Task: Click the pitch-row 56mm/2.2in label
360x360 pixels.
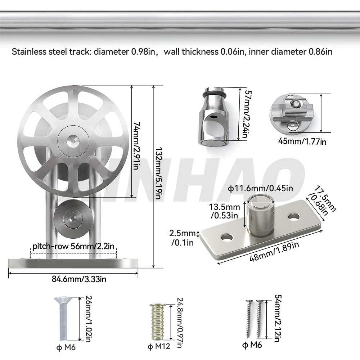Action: click(x=73, y=247)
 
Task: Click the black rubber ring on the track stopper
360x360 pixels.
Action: click(x=213, y=94)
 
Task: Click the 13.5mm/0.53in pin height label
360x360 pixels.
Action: click(x=225, y=211)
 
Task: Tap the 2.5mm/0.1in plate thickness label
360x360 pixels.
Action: click(x=183, y=238)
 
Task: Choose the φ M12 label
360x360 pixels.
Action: click(x=158, y=347)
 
